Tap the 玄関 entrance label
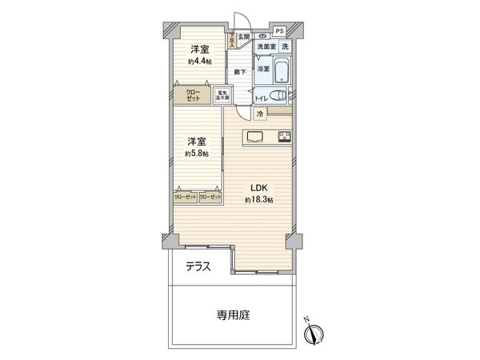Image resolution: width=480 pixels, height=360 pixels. (244, 36)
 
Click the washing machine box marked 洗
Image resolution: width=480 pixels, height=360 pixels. (285, 47)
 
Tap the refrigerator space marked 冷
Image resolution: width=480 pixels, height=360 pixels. (260, 115)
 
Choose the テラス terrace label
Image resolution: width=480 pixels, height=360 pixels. (198, 267)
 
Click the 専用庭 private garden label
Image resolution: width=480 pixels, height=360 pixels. (234, 316)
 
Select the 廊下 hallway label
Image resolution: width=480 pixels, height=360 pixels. (239, 71)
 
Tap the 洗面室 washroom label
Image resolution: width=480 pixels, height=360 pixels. (266, 47)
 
